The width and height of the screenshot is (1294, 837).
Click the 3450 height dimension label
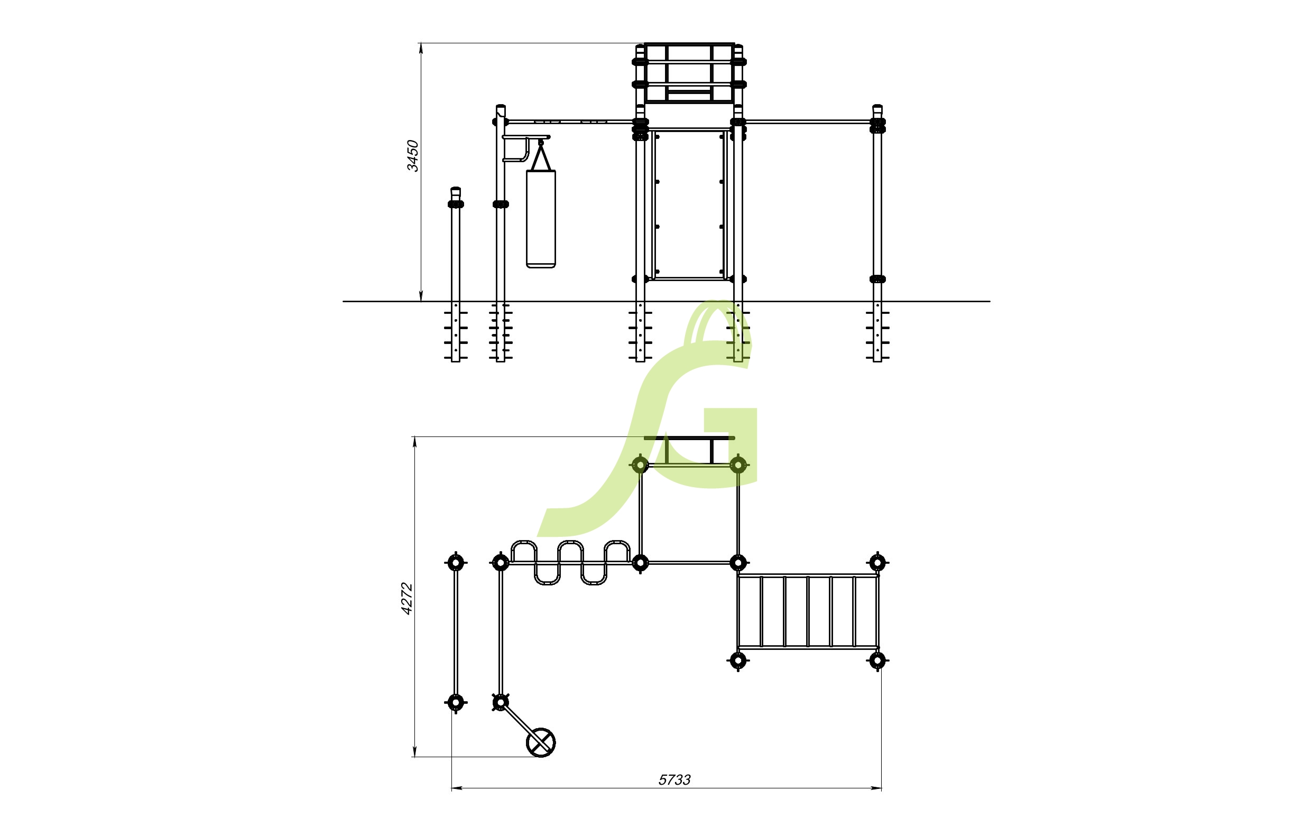click(x=413, y=156)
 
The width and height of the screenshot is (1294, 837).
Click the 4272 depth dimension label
click(x=406, y=599)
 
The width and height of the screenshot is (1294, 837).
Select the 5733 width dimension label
click(x=674, y=780)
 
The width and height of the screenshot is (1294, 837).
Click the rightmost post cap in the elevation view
click(x=877, y=109)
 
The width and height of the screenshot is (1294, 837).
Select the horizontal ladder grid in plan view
click(x=808, y=611)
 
